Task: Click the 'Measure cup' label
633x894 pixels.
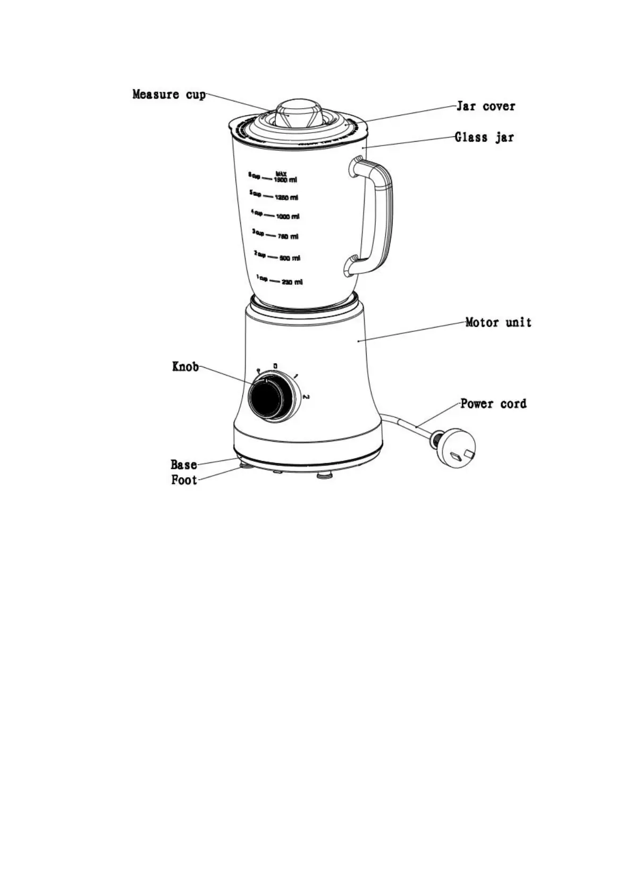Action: [168, 95]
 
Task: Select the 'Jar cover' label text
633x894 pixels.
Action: [485, 106]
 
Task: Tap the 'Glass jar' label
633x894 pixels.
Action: [484, 137]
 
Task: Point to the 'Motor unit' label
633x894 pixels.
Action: [498, 322]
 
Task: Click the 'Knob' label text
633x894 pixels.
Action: [185, 366]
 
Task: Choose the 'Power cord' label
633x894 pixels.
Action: [493, 403]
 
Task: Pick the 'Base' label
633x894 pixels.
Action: [184, 465]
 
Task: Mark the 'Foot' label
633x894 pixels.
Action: [184, 480]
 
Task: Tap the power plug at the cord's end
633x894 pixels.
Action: [455, 449]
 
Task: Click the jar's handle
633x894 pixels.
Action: [378, 218]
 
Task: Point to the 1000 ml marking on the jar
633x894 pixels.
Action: [287, 217]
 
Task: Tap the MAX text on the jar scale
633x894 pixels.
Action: [281, 174]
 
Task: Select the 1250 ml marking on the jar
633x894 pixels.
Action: [286, 197]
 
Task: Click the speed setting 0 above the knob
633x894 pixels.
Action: [275, 366]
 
